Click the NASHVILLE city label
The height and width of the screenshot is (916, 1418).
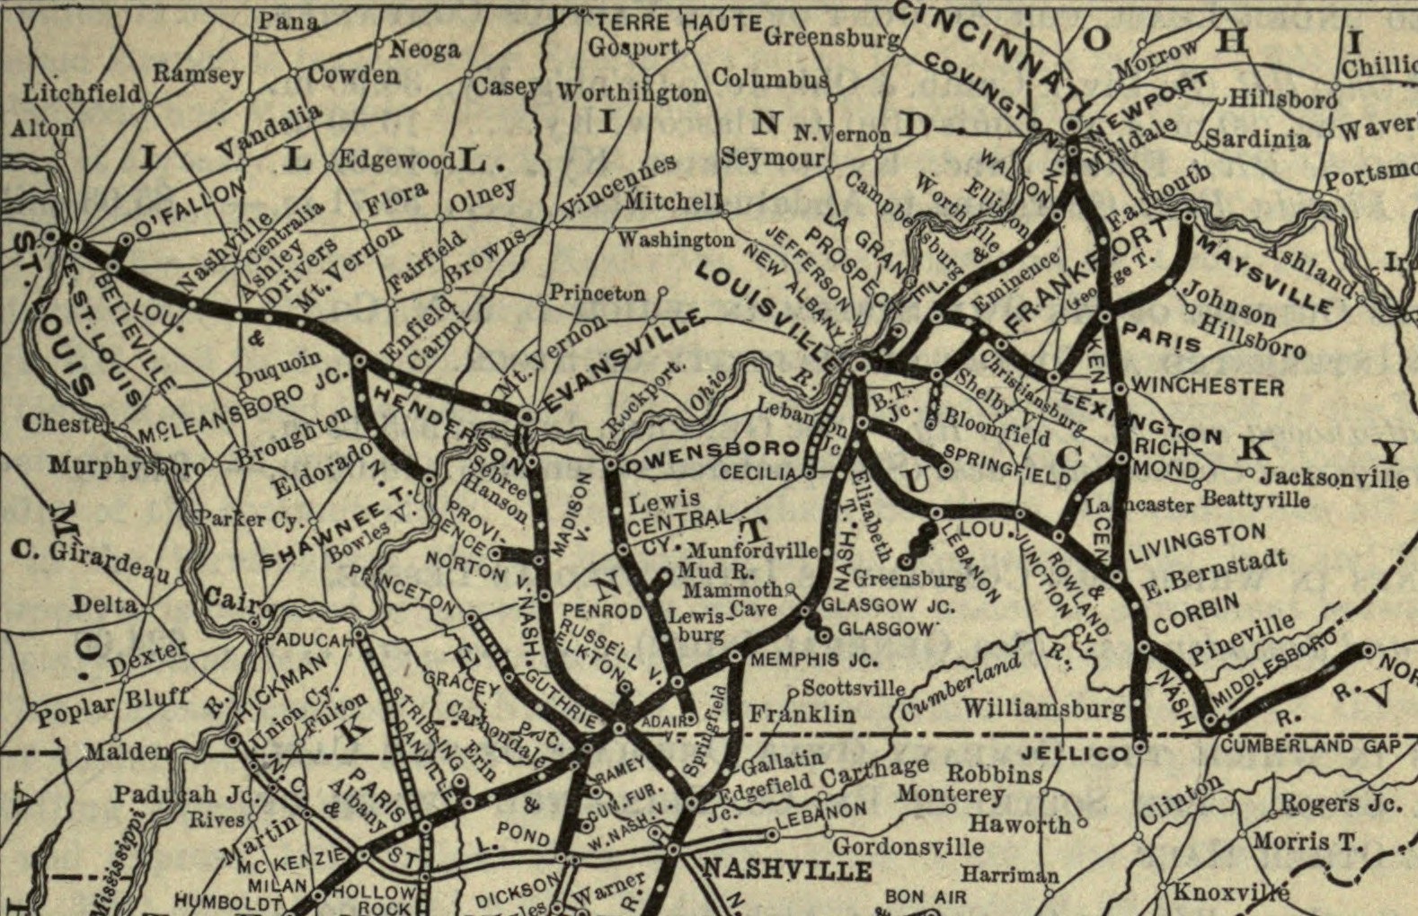(x=786, y=868)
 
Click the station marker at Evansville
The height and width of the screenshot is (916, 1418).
(x=527, y=415)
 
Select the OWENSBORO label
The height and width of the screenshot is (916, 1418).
(x=714, y=449)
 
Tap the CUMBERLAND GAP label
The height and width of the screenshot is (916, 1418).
(x=1310, y=746)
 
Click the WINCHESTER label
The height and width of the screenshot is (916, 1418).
(x=1208, y=386)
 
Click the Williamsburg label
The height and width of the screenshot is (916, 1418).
(x=1043, y=709)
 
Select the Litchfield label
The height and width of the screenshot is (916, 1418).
(x=81, y=92)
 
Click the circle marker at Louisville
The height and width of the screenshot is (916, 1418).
(x=860, y=366)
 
